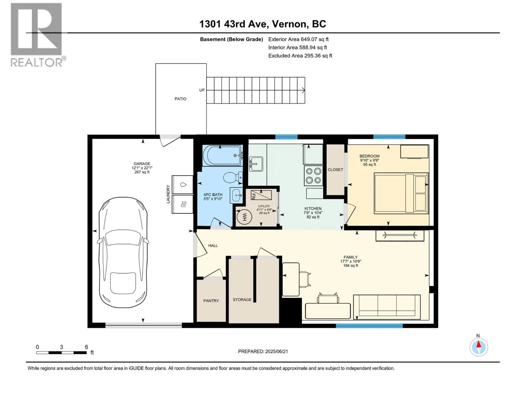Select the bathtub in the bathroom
coord(223,156)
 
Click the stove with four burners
coord(313,176)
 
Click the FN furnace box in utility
coord(261,195)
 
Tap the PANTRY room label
coord(211,301)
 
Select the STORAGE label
coord(242,299)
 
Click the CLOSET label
coord(335,170)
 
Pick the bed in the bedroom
coord(401,193)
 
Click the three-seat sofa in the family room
coord(387,307)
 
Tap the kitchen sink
coord(256,164)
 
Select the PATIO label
coord(180,99)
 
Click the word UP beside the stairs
coord(202,90)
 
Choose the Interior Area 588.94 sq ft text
coord(298,47)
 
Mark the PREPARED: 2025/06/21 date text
coord(263,351)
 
